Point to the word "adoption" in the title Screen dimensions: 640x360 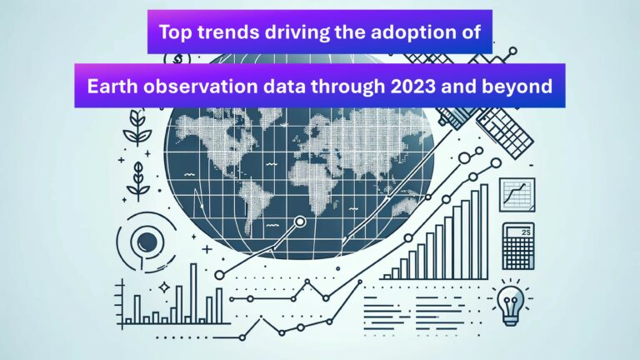click(x=412, y=32)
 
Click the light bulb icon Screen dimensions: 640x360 click(x=510, y=302)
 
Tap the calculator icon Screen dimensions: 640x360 click(x=518, y=246)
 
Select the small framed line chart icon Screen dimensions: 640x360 click(x=517, y=195)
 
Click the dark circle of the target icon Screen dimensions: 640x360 click(x=147, y=242)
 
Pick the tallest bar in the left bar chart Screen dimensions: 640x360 click(x=193, y=293)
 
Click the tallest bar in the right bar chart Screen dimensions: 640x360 click(x=484, y=232)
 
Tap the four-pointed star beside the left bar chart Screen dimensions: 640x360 click(x=164, y=287)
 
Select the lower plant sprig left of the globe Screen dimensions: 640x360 click(x=138, y=182)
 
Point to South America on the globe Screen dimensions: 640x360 click(x=254, y=208)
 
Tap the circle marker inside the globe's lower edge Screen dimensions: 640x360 click(x=300, y=222)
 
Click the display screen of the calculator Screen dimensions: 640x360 click(x=518, y=232)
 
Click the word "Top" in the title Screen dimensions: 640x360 click(x=175, y=32)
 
